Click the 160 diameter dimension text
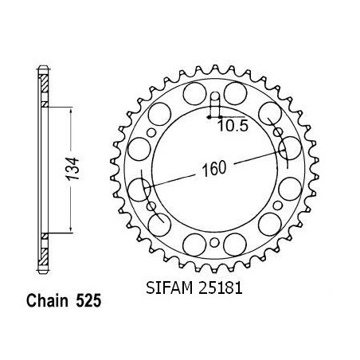point(214,169)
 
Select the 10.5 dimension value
point(233,126)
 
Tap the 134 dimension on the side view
point(72,169)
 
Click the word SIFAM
point(169,288)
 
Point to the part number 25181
point(220,288)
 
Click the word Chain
point(47,301)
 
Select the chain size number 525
point(88,301)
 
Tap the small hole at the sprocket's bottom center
point(214,242)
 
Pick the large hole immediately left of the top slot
point(194,93)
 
